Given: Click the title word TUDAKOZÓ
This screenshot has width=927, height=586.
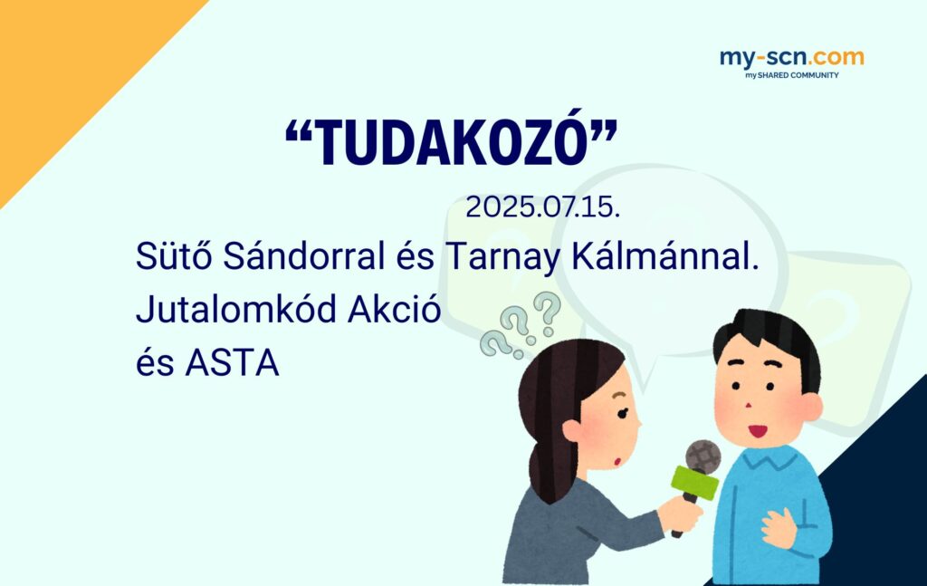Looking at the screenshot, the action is coord(451,140).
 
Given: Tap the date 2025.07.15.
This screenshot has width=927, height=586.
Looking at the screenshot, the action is coord(543,207).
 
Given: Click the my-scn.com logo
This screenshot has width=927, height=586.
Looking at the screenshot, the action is coord(791,58).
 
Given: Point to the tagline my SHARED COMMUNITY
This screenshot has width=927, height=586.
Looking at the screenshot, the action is coord(791,75).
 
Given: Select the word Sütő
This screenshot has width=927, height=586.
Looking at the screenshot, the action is coord(174,255).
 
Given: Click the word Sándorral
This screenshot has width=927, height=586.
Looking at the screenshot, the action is coord(304,255).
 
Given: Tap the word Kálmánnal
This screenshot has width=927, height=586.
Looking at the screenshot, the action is coord(665,255).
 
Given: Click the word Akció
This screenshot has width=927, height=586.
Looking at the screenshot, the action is coord(395,309).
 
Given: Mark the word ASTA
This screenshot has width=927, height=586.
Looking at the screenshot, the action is coord(232,362).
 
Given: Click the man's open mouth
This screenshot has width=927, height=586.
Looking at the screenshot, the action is coord(758,430).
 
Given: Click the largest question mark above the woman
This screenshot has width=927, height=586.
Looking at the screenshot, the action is coord(547,310).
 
